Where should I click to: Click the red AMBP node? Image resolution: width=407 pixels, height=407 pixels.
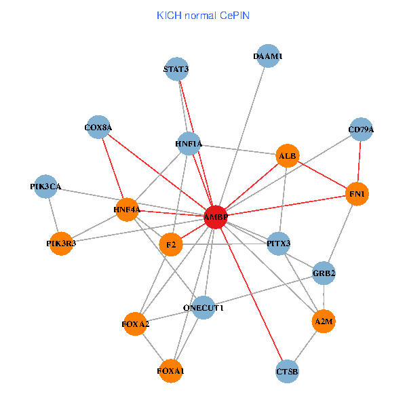coord(216,217)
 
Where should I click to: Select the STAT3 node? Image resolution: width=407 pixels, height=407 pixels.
coord(176,69)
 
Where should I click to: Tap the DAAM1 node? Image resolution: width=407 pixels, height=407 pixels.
coord(267,57)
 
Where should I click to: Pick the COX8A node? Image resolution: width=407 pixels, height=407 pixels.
coord(98,127)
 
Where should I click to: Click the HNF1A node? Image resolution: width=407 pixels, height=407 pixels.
coord(189,144)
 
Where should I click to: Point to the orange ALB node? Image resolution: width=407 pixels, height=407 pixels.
coord(288,156)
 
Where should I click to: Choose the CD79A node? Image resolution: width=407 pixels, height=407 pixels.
coord(361,130)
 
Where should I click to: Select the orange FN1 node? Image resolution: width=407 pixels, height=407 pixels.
coord(357,195)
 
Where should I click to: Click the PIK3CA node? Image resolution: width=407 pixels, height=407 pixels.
coord(45,187)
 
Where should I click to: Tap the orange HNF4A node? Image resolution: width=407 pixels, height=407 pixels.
coord(127,210)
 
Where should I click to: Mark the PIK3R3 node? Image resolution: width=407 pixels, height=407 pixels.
coord(61,244)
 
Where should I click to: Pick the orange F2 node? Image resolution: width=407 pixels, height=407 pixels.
coord(170,244)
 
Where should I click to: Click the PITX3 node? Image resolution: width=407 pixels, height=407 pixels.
coord(279,243)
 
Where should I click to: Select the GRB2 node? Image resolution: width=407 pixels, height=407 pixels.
coord(324,273)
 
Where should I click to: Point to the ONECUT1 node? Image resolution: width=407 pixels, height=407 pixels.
coord(203,308)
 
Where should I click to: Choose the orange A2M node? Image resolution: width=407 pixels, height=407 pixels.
coord(324,320)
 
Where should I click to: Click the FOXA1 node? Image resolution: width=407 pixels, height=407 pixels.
coord(170,371)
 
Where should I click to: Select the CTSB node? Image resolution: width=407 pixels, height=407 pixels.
coord(288,372)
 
